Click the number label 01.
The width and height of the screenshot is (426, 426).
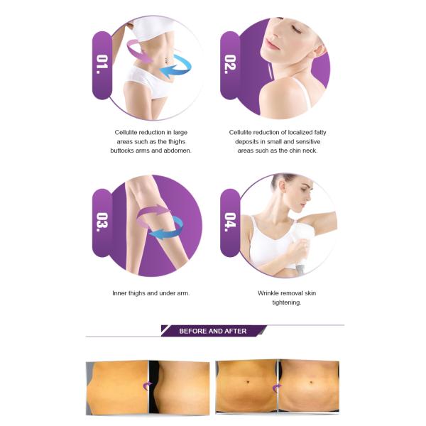tap(102, 65)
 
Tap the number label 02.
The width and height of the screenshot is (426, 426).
tap(230, 65)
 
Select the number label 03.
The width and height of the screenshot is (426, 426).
tap(102, 222)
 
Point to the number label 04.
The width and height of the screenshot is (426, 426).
tap(230, 222)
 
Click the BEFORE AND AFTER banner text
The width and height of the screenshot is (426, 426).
tap(213, 331)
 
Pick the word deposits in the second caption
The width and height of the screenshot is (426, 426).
tap(246, 142)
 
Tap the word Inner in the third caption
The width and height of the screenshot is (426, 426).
tap(119, 293)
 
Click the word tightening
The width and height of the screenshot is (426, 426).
tap(287, 302)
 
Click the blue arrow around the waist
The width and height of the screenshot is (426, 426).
tap(175, 67)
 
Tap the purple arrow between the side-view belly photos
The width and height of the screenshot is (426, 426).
tap(148, 386)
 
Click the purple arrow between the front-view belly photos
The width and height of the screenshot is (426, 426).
tap(277, 388)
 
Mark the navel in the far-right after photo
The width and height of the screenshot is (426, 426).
tap(311, 383)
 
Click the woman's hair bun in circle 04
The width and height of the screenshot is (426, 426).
tap(277, 180)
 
